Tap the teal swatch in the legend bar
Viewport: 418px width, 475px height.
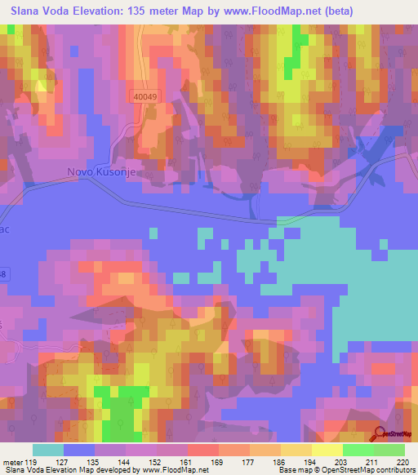pyautogui.click(x=47, y=450)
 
